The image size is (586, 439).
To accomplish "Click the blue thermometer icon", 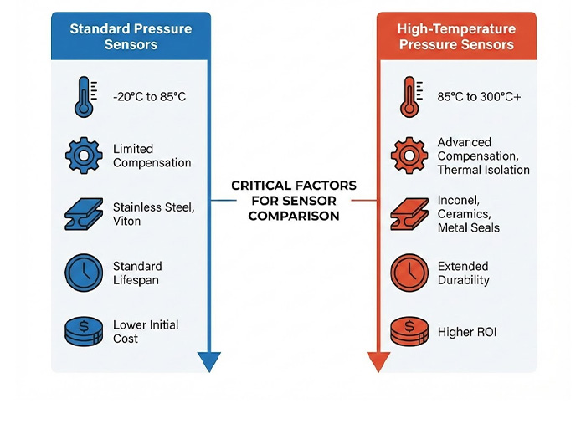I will click(x=83, y=96).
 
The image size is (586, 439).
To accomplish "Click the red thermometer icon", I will click(x=409, y=95).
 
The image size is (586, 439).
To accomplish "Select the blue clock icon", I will click(x=83, y=273).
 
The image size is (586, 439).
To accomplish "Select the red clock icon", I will click(x=409, y=273).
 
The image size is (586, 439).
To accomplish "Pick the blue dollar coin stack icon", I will click(x=83, y=331).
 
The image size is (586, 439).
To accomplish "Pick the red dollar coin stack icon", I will click(x=409, y=331).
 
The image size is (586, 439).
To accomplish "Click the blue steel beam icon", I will click(x=83, y=214).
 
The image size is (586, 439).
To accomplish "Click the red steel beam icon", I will click(x=409, y=214).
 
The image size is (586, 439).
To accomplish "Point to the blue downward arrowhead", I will click(x=209, y=361).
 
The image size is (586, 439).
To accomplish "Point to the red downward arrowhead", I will click(x=378, y=361).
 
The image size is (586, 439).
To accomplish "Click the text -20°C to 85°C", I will click(x=150, y=97).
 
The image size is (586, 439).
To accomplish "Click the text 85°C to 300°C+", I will click(x=480, y=97).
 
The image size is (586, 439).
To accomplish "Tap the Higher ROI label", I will click(x=467, y=332).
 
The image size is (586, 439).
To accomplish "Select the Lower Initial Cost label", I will click(x=146, y=331).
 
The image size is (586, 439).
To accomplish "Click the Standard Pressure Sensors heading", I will click(x=131, y=36).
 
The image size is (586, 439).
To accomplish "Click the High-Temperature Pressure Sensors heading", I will click(x=456, y=36).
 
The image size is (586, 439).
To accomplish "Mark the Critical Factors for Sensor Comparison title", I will click(x=293, y=201).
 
